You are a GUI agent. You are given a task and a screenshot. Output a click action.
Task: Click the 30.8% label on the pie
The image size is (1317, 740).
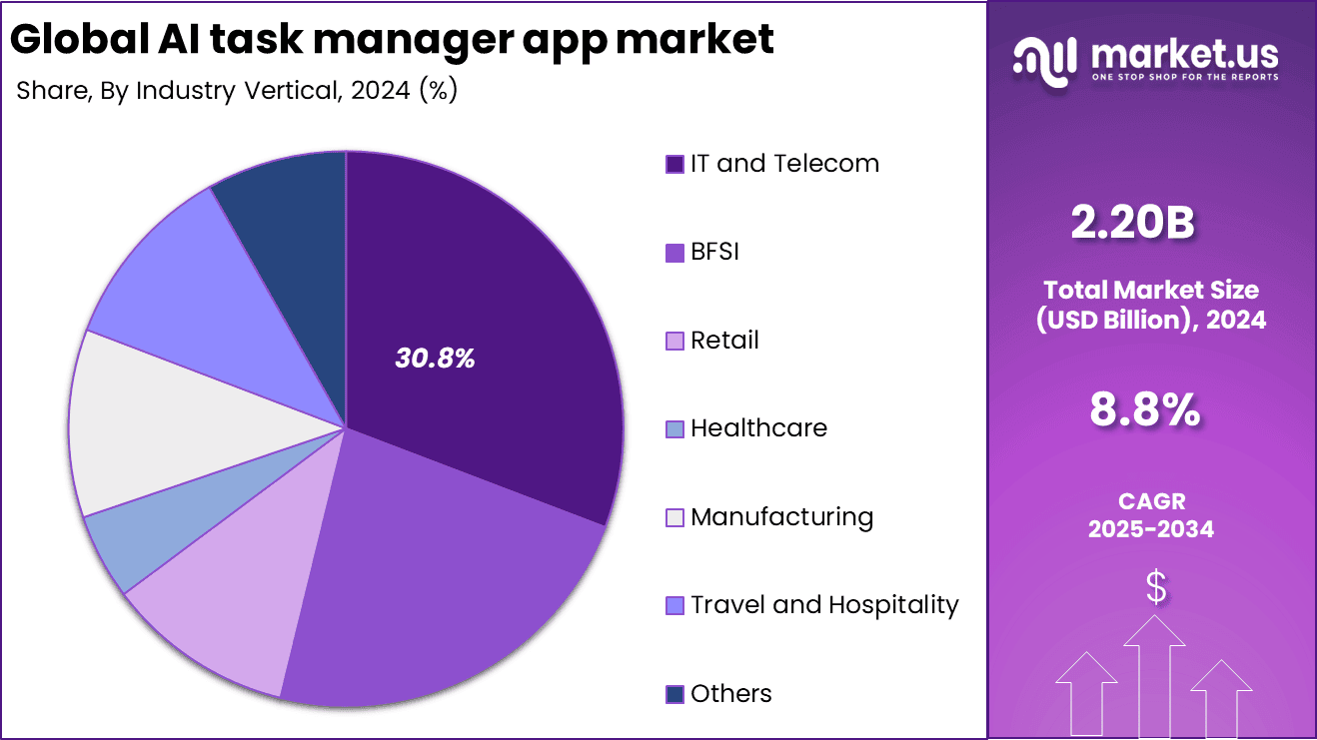point(435,359)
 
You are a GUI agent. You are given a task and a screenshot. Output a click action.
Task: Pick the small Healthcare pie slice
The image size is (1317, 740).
point(140,539)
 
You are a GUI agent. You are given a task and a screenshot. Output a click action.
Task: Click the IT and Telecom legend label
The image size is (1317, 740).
point(784,164)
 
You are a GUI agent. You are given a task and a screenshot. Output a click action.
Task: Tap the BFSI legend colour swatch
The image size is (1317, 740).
point(675,253)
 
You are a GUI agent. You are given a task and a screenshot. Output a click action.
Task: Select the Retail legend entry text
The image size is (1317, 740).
point(724,341)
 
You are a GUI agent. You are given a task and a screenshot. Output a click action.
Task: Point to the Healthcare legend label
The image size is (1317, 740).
point(758,428)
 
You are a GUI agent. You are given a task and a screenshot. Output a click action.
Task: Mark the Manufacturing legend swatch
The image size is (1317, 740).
point(675,517)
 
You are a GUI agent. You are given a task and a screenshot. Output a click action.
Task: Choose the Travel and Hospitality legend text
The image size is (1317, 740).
point(824,605)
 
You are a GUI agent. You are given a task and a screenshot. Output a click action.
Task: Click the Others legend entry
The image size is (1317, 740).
point(730,693)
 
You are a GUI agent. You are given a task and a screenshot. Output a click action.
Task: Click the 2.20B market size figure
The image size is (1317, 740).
point(1132,223)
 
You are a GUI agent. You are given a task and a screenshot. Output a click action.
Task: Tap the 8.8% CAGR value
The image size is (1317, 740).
point(1144,410)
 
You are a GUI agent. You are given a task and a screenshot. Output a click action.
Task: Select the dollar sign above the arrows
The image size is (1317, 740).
point(1155,588)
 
